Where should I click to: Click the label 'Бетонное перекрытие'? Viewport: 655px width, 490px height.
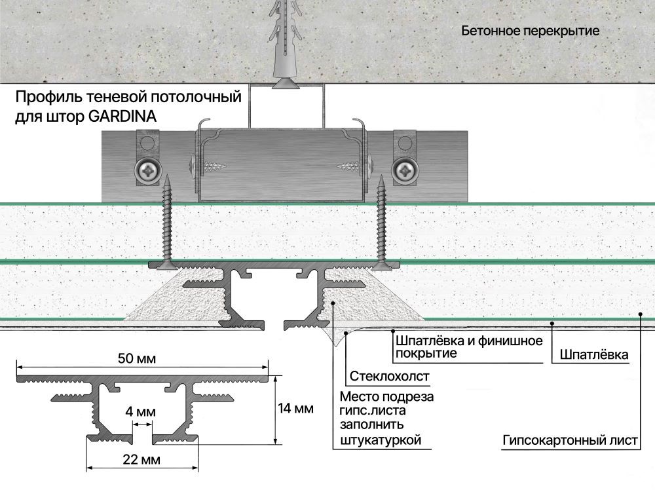(x=530, y=31)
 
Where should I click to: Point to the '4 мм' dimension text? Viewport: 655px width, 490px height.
(x=140, y=412)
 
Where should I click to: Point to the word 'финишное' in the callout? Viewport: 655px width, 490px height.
(x=513, y=341)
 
